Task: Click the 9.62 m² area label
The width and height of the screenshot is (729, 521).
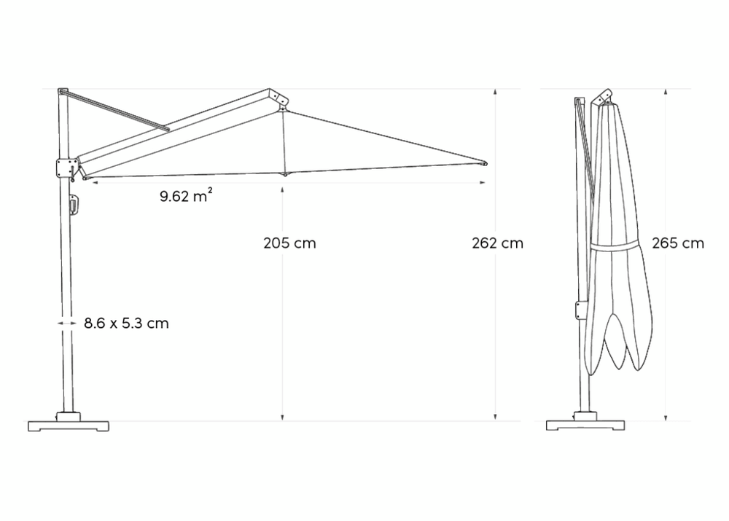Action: click(187, 196)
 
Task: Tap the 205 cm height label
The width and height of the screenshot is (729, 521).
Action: click(289, 243)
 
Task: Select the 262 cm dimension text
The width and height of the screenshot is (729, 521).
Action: click(497, 243)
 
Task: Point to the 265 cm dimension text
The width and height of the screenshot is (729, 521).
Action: click(678, 243)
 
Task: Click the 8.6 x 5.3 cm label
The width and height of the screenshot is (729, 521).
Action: click(126, 323)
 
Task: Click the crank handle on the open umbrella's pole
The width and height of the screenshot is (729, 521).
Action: click(74, 205)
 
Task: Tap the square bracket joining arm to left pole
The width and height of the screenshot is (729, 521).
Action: click(67, 168)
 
